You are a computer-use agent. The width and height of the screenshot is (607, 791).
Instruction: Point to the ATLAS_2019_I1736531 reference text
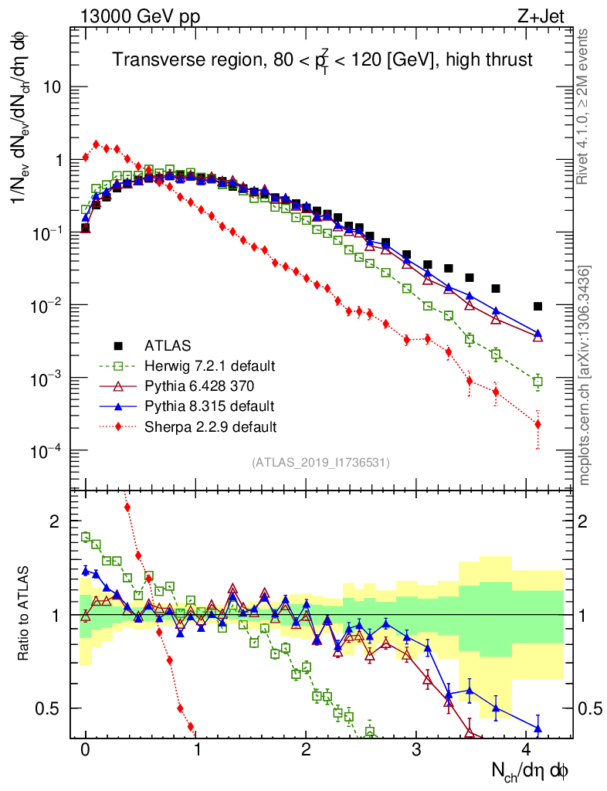(320, 463)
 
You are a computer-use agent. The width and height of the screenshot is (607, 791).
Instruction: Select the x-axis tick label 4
(526, 750)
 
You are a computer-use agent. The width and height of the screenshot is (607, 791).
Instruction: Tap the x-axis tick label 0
(85, 750)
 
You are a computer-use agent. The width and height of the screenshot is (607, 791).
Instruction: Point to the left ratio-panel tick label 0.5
(49, 708)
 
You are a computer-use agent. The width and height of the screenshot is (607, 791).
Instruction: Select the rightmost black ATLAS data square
(537, 307)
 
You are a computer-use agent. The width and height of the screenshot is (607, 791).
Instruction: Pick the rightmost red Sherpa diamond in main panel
(537, 424)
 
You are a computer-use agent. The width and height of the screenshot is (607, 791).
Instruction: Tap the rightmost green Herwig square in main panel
(537, 381)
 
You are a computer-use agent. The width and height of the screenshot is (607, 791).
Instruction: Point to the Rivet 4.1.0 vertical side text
(585, 106)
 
